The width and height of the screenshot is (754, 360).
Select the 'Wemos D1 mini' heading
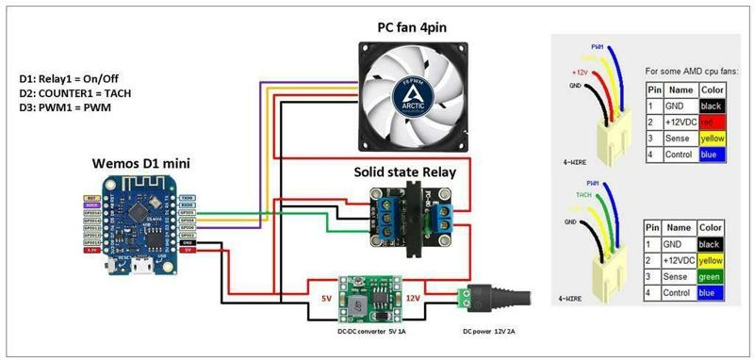tap(139, 163)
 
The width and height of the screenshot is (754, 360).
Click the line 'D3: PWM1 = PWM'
tap(66, 110)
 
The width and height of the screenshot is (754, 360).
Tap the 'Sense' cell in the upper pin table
tap(680, 138)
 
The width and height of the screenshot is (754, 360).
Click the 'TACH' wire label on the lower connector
tap(583, 195)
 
